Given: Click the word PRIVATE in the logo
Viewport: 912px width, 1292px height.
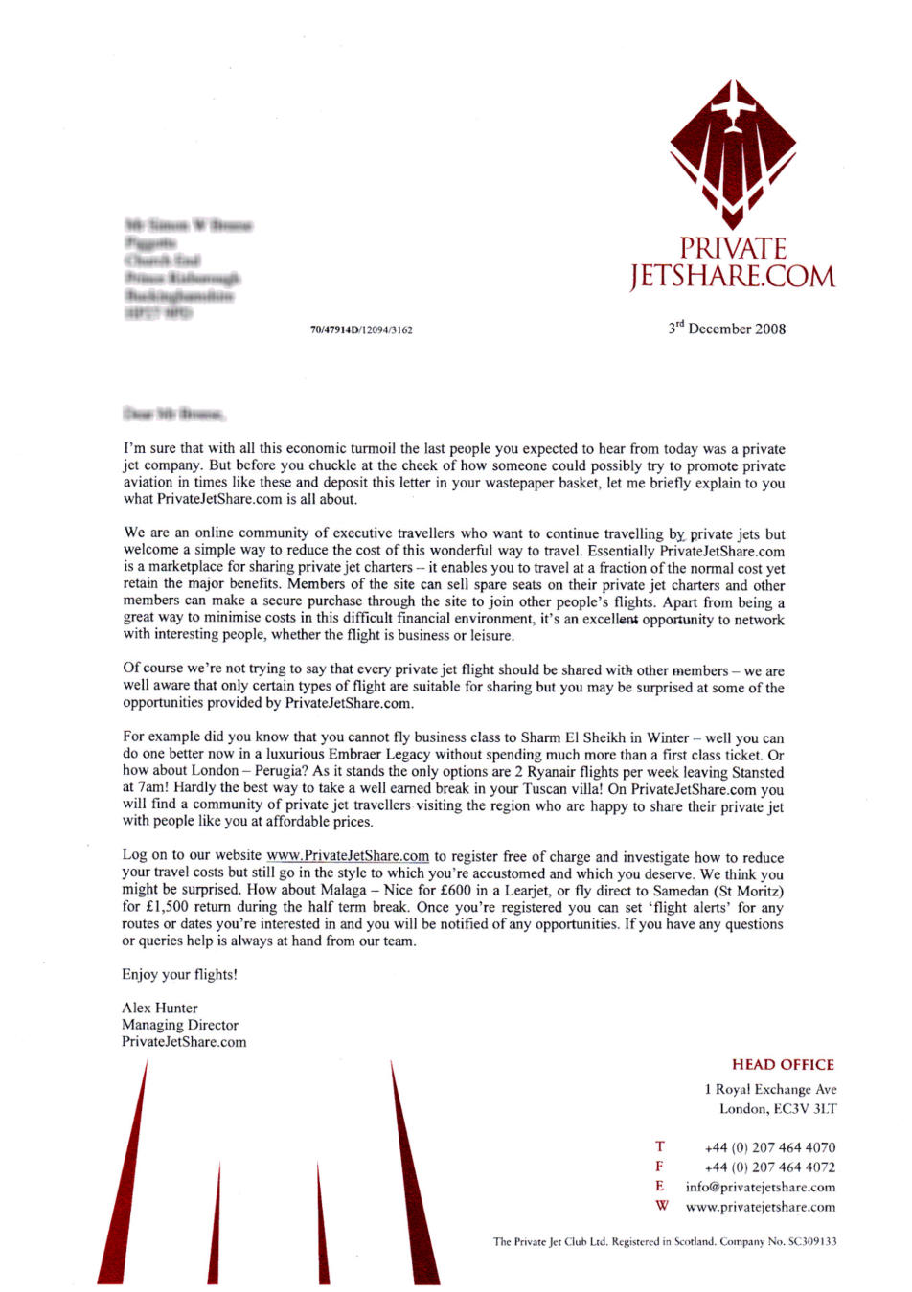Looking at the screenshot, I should click(733, 248).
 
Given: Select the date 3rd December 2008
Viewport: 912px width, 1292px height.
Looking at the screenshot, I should click(727, 329).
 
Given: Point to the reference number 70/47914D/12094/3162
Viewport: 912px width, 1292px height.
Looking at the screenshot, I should click(362, 330).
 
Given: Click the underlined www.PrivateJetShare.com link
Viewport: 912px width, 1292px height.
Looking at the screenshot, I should click(348, 856).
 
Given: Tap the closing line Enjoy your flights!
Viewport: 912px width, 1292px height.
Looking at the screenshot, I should click(179, 974).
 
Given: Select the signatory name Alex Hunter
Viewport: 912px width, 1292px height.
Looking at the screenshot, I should click(160, 1008).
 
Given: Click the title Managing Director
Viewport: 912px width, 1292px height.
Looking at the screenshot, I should click(180, 1025).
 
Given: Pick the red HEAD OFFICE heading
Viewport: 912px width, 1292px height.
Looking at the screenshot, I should click(783, 1064).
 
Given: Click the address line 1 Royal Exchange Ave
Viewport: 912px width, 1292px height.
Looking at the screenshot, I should click(770, 1089).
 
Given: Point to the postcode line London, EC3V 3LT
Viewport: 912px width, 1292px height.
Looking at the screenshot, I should click(778, 1109).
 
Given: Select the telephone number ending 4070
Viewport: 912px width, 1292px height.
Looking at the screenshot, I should click(769, 1147).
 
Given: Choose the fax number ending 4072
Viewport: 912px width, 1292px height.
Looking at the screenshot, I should click(769, 1167).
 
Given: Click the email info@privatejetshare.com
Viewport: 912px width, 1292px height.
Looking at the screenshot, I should click(761, 1187).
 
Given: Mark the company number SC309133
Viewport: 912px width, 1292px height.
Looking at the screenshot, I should click(812, 1241).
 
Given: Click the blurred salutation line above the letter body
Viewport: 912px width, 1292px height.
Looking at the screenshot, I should click(174, 415).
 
